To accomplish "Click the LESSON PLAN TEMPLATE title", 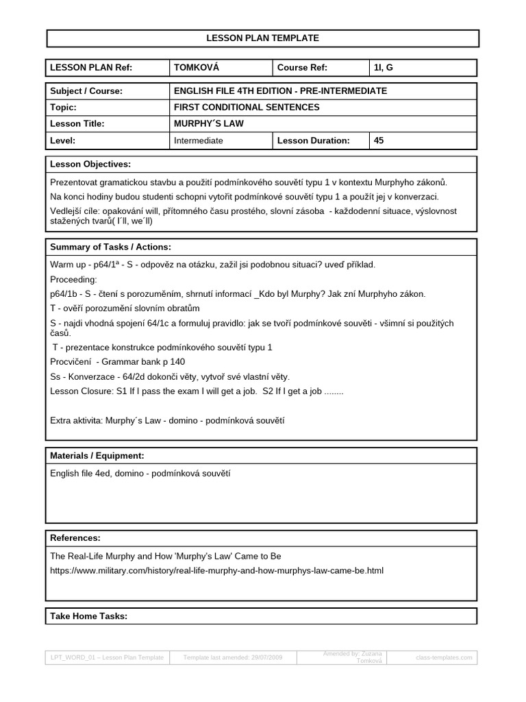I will (263, 38).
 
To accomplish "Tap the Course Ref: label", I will (302, 68).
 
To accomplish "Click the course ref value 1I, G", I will (384, 68).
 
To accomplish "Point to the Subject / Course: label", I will (86, 91).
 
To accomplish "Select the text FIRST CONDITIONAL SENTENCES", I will (247, 108).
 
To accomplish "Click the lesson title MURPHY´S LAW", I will (208, 124).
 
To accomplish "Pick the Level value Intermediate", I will (199, 141).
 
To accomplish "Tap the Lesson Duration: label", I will (314, 141).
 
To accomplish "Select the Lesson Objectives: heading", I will (90, 165).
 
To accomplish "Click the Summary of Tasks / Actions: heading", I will (111, 247).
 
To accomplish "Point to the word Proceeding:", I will (74, 280).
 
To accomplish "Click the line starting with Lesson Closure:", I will (197, 391).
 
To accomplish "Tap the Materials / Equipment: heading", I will (97, 456).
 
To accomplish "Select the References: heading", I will (75, 538).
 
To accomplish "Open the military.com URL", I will (216, 570).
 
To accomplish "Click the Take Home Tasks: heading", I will (89, 616).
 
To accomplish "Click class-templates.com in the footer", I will (444, 657).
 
